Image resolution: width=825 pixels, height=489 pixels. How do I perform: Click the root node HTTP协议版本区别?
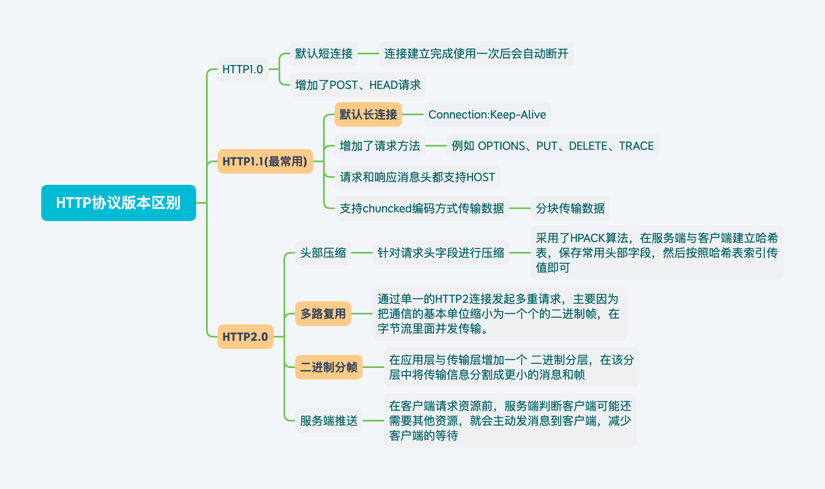118,203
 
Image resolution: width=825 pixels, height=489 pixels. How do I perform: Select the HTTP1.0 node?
242,69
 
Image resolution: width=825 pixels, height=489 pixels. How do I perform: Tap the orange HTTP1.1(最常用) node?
265,161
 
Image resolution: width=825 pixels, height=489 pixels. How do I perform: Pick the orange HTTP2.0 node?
245,337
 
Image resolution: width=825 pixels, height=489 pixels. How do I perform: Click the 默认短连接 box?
323,54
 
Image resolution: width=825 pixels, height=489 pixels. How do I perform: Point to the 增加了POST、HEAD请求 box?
358,85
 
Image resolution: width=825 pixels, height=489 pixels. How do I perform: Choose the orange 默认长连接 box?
368,114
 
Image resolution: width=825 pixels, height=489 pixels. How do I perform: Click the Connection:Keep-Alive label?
487,114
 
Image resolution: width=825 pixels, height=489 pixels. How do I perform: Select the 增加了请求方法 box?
380,146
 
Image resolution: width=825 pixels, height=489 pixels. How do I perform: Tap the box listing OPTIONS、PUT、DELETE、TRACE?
553,146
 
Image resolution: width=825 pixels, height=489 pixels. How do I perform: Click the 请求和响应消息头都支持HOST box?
417,177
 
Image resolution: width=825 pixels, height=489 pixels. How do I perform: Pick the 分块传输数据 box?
570,208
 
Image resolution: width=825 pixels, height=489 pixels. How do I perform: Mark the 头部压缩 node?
323,253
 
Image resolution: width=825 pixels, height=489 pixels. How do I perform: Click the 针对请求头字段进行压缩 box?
441,253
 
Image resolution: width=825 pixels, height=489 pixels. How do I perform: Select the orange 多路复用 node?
323,314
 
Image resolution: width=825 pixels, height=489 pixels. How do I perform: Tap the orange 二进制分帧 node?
328,367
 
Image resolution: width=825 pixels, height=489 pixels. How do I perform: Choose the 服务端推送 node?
328,421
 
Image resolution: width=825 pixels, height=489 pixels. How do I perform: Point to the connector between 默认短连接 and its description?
368,54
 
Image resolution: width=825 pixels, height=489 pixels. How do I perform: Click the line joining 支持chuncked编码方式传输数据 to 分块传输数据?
520,208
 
